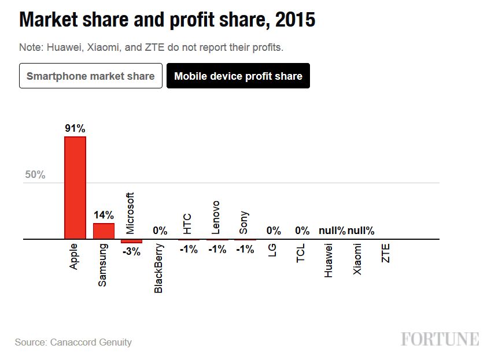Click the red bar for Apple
[75, 188]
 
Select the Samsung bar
[104, 231]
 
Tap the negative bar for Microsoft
[131, 241]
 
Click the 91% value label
[75, 129]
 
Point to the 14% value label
[104, 216]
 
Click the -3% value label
[131, 251]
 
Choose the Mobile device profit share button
[238, 76]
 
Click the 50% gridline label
[35, 175]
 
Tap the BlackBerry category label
[159, 268]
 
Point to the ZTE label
[386, 253]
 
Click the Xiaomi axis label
[357, 259]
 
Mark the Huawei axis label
[328, 260]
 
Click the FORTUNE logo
[440, 339]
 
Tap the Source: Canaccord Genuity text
[73, 342]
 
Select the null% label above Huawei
[332, 231]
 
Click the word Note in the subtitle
[29, 47]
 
